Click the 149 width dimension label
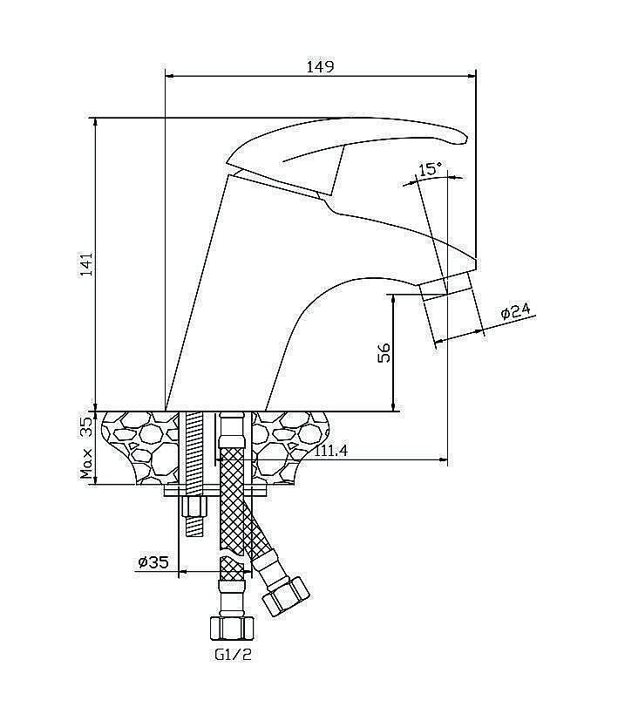(x=321, y=66)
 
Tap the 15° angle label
(x=430, y=169)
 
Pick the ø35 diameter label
(x=153, y=562)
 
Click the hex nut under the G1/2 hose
(x=231, y=627)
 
